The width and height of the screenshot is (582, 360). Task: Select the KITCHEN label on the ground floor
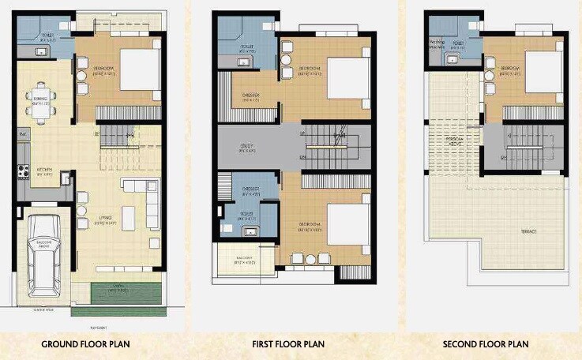coord(43,171)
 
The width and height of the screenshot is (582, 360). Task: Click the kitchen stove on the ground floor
coord(24,171)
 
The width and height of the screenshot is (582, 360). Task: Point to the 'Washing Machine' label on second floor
coord(437,45)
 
